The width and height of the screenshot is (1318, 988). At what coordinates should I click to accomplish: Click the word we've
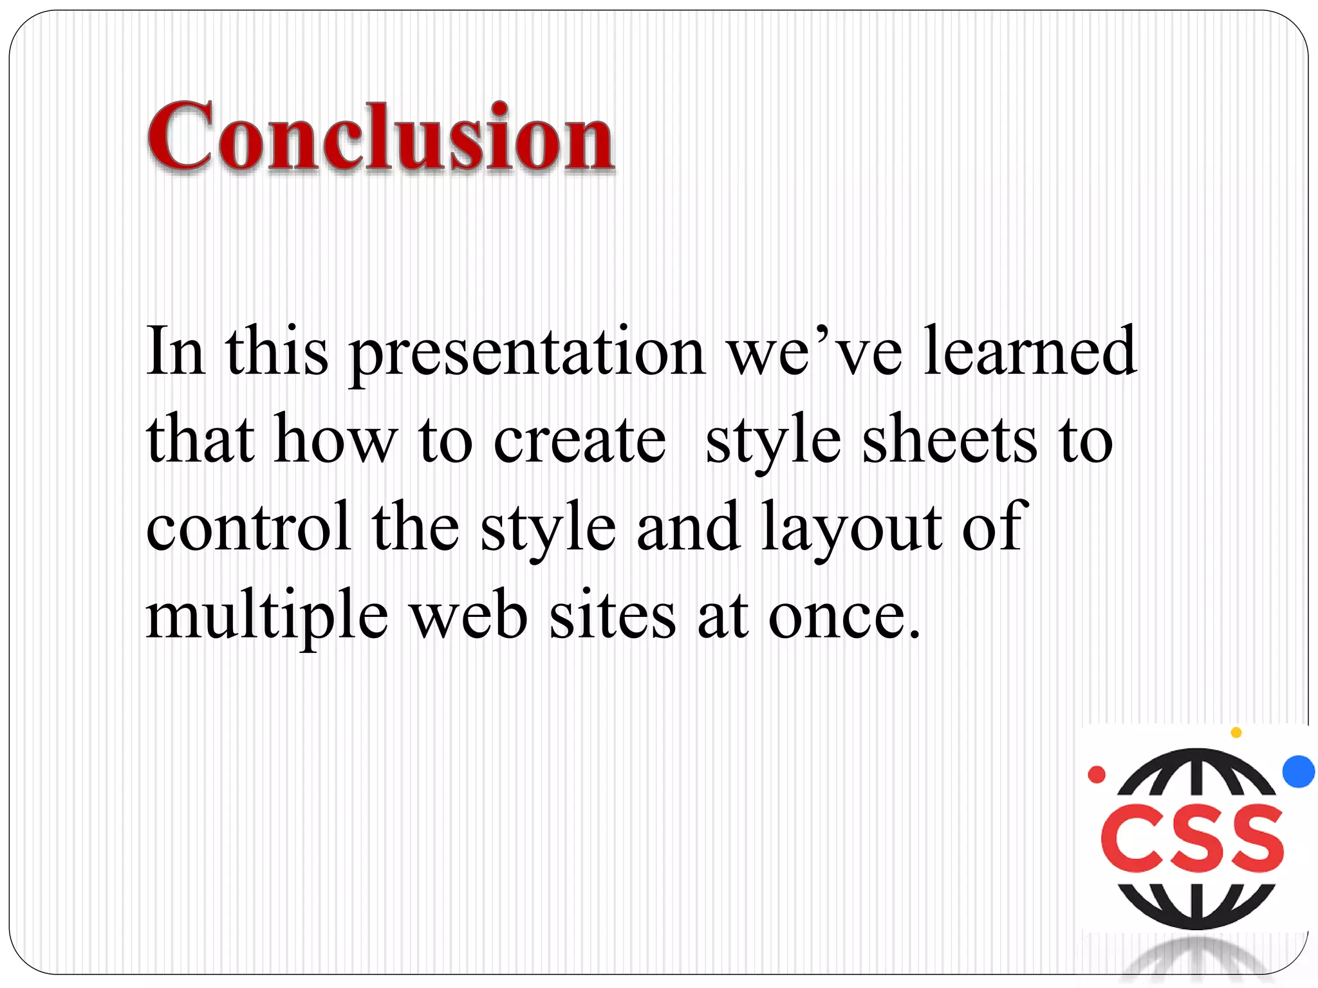point(814,352)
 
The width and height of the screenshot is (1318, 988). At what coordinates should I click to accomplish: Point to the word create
point(579,441)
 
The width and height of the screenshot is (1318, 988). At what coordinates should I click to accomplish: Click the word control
point(248,527)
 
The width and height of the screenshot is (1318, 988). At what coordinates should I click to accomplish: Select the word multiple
point(267,616)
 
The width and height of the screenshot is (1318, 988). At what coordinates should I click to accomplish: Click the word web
point(470,616)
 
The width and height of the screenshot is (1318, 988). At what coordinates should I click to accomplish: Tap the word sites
point(612,616)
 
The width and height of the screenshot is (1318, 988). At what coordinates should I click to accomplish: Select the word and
point(688,527)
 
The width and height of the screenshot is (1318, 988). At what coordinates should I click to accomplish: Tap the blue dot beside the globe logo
point(1298,771)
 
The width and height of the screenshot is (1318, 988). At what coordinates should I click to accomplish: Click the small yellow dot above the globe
point(1236,732)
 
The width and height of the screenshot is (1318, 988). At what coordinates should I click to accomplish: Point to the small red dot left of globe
point(1097,774)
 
